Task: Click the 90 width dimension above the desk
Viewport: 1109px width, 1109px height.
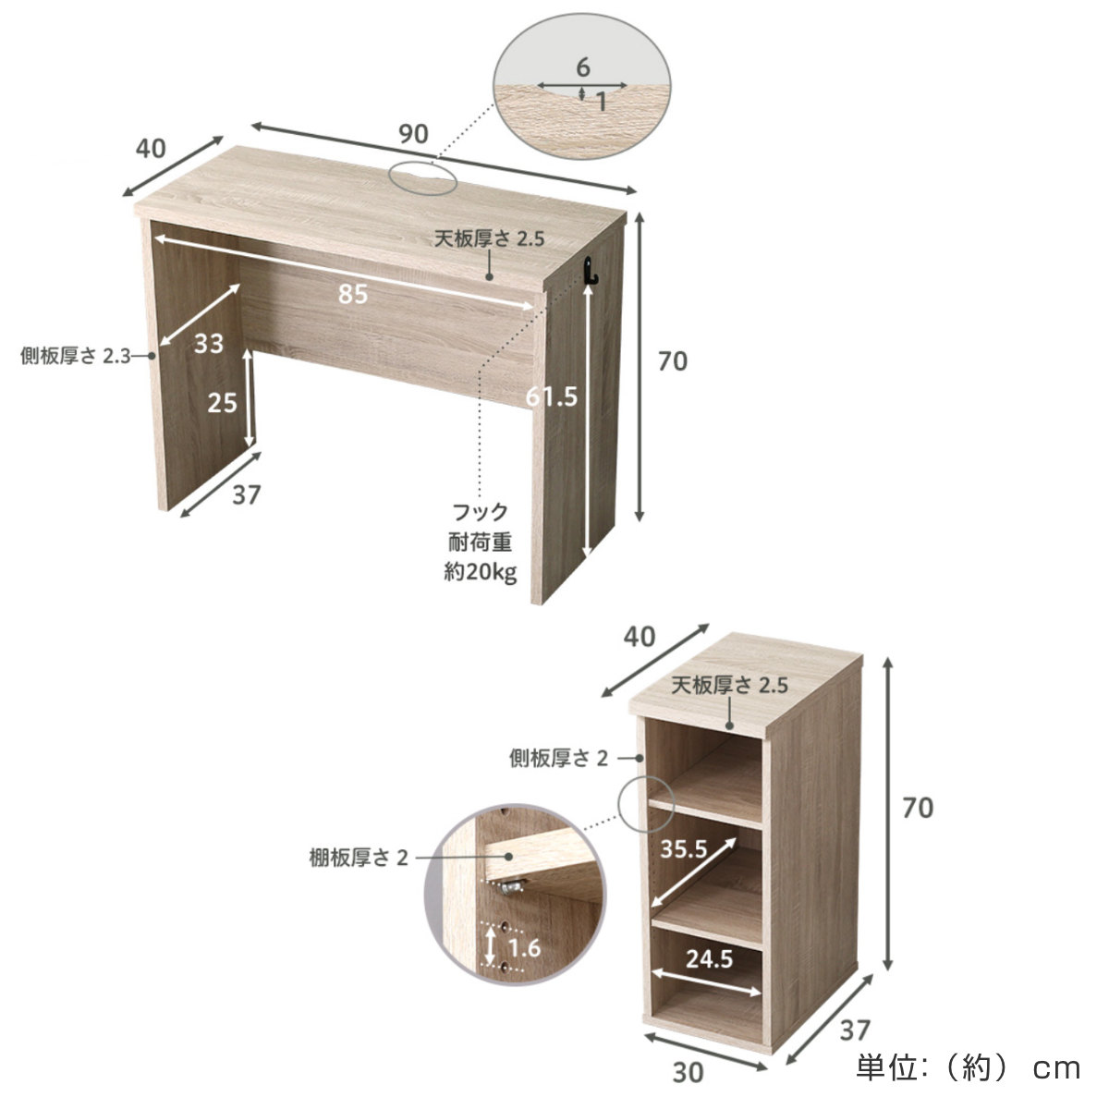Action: tap(413, 134)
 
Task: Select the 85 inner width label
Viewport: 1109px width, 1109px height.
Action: tap(353, 294)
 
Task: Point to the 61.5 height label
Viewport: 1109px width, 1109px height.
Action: tap(552, 396)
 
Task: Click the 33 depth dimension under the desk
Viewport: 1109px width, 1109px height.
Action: tap(208, 344)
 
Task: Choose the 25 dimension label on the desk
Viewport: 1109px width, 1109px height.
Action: tap(222, 402)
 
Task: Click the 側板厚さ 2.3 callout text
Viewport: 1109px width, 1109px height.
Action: tap(76, 356)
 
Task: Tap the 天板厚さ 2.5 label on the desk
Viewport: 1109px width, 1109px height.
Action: tap(489, 238)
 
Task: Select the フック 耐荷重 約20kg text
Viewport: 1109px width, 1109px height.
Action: tap(480, 542)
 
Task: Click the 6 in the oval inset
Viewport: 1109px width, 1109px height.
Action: tap(583, 67)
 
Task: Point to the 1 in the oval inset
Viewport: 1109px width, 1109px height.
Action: tap(602, 103)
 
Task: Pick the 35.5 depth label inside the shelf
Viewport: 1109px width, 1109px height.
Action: tap(683, 849)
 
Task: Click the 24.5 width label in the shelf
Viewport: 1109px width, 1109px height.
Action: tap(709, 958)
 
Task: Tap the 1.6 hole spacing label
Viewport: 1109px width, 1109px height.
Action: tap(524, 948)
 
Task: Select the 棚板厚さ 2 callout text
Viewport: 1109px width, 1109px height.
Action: tap(359, 858)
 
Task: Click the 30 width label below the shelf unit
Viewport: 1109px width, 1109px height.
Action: tap(688, 1073)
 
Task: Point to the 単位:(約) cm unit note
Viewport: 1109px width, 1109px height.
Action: tap(968, 1068)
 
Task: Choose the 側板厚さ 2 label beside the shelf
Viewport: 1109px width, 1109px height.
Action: tap(558, 759)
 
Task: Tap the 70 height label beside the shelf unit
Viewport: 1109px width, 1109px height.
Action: tap(918, 809)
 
